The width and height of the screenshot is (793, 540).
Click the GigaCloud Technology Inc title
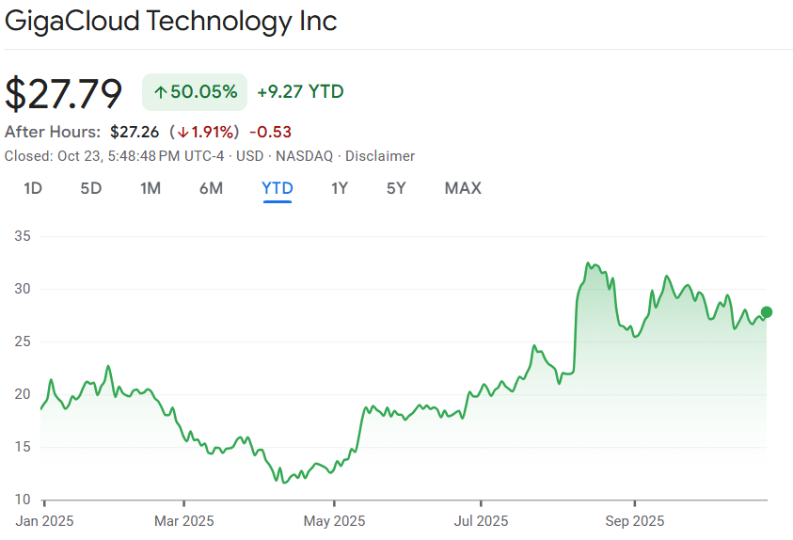tap(171, 21)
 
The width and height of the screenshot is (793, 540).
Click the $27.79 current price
tap(64, 93)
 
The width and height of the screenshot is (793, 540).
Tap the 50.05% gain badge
tap(195, 92)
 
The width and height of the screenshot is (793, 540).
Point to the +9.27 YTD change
tap(300, 92)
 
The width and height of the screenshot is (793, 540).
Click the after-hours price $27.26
tap(135, 131)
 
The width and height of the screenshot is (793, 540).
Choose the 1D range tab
tap(33, 188)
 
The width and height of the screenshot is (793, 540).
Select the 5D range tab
tap(90, 188)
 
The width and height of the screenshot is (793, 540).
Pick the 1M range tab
tap(151, 188)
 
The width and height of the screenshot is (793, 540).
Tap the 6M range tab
tap(211, 188)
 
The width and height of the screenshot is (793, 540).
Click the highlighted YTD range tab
tap(278, 188)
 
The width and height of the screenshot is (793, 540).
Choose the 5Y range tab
tap(396, 188)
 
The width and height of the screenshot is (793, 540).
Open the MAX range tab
tap(463, 188)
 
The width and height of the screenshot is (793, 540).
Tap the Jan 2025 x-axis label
tap(44, 520)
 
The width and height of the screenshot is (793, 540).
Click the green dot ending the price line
tap(767, 312)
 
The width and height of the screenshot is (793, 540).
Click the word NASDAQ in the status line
tap(304, 156)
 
